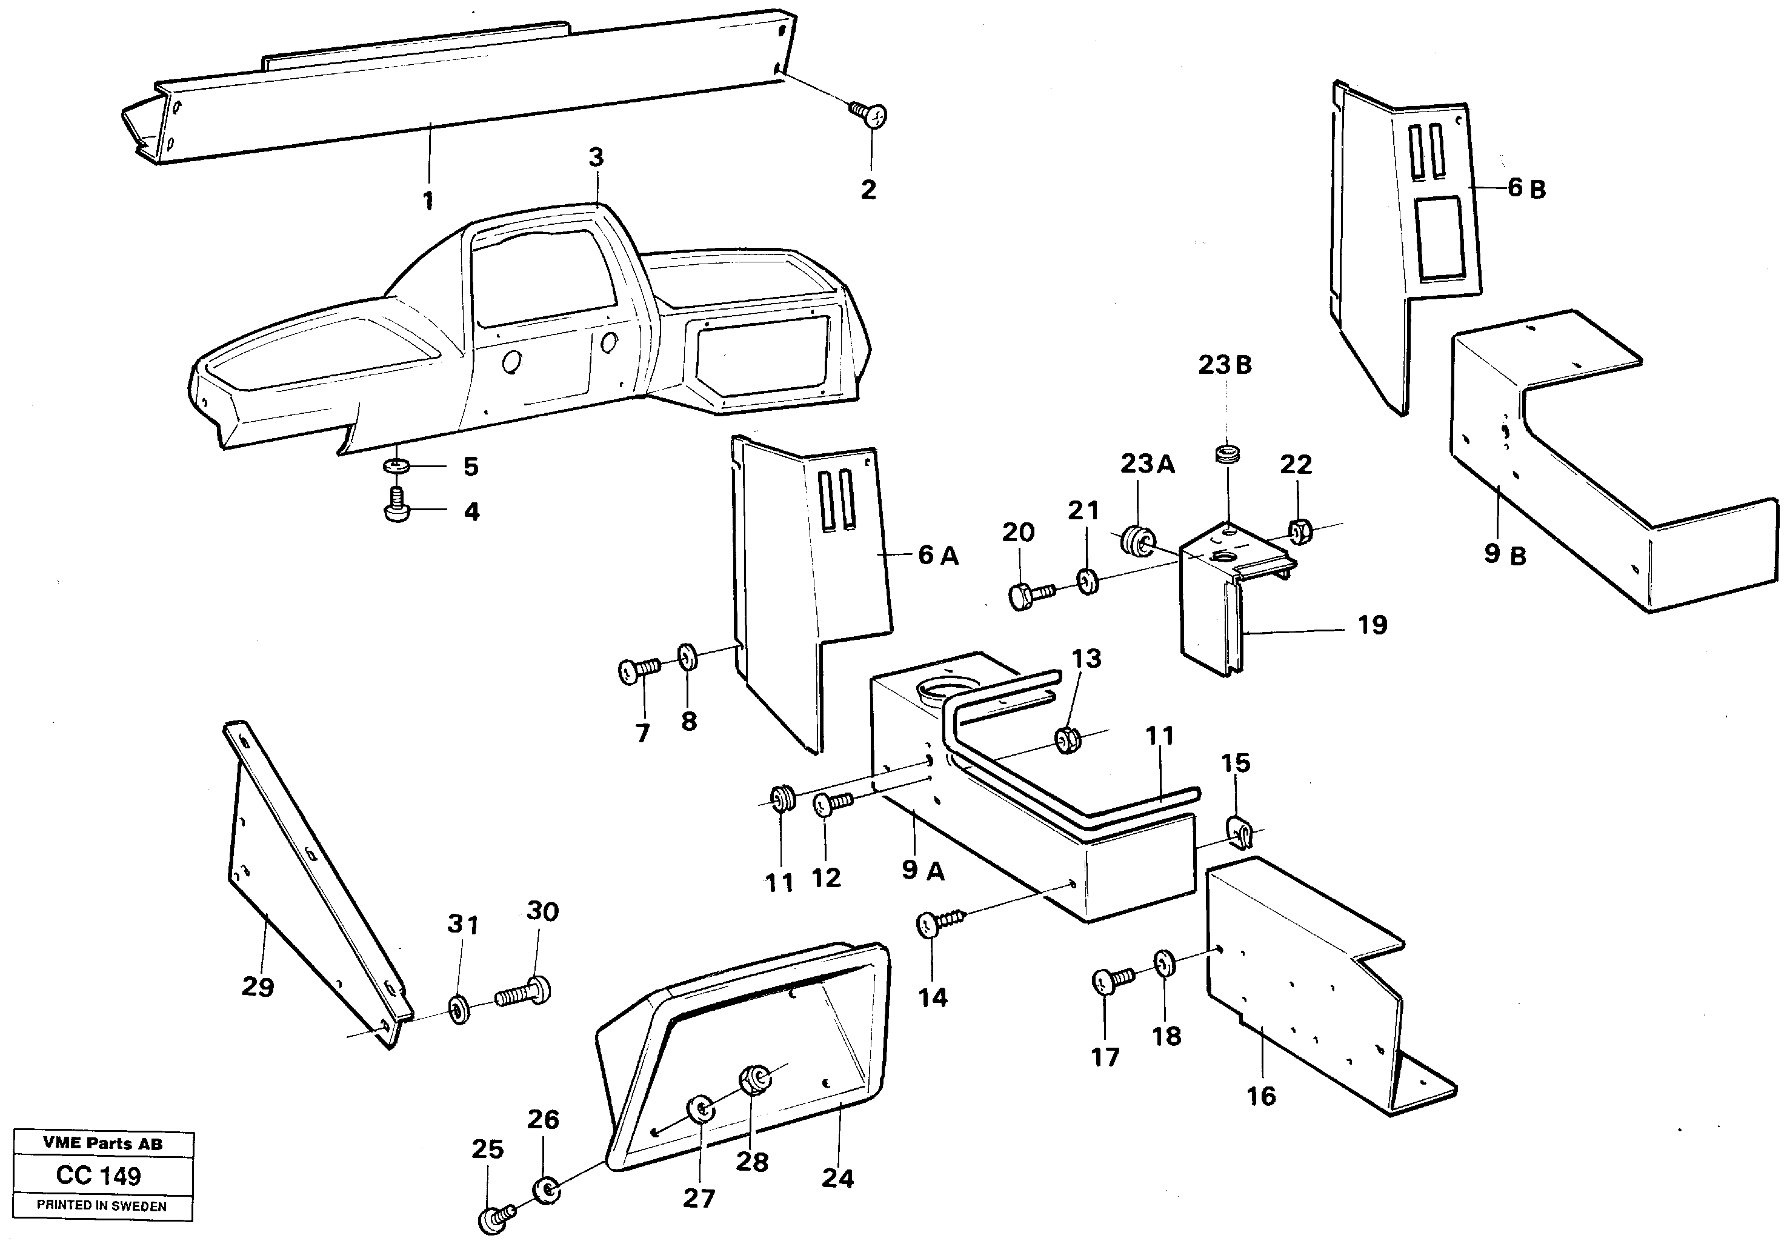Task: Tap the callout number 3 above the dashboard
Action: [596, 158]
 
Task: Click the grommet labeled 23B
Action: [1228, 453]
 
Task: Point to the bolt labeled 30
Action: [525, 992]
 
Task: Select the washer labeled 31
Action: [460, 1010]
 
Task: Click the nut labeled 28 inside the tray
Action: [753, 1080]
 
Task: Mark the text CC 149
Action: [99, 1175]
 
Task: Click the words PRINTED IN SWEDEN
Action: [101, 1206]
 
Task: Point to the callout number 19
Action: [1372, 625]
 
